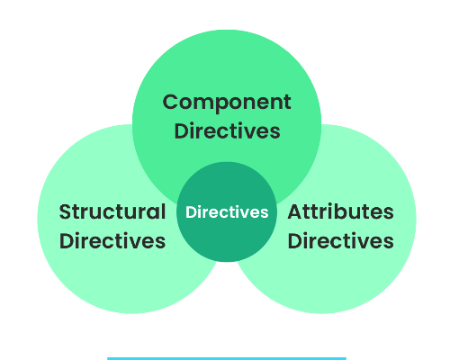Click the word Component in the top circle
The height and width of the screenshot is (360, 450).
[x=227, y=102]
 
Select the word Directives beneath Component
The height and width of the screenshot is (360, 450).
[x=227, y=130]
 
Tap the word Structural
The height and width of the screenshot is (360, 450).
[x=112, y=212]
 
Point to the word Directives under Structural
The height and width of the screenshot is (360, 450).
[x=112, y=241]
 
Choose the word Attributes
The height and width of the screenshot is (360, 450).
[x=340, y=212]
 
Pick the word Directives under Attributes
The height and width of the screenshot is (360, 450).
[x=340, y=241]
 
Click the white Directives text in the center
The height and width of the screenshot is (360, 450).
[x=227, y=212]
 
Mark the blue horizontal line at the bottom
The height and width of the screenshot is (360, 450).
[x=227, y=358]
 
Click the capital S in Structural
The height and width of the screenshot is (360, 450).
[x=65, y=212]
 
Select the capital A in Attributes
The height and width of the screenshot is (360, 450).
[x=294, y=212]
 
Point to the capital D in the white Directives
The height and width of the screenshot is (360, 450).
[x=190, y=212]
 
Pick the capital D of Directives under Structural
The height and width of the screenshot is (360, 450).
[x=66, y=241]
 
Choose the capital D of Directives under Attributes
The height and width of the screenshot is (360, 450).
[x=294, y=241]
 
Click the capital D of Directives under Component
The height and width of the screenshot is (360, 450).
[x=181, y=130]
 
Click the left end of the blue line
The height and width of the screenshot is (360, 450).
[x=109, y=358]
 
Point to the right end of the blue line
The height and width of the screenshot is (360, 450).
[x=345, y=358]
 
